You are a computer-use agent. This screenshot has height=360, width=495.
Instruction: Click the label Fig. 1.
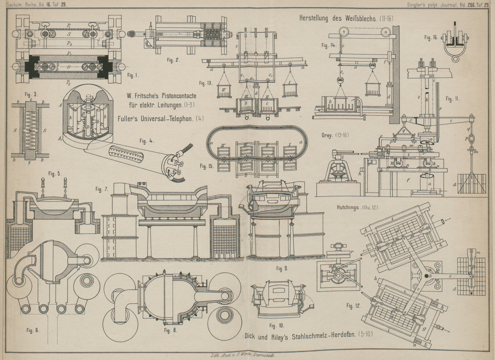click(133, 75)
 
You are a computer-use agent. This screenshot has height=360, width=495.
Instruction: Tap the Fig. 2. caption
click(173, 60)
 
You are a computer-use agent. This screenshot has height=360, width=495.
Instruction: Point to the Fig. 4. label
click(147, 141)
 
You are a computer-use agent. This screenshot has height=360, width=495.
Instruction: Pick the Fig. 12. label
click(354, 306)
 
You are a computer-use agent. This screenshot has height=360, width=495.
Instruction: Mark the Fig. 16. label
click(431, 38)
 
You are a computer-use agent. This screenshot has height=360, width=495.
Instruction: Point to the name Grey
click(327, 135)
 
